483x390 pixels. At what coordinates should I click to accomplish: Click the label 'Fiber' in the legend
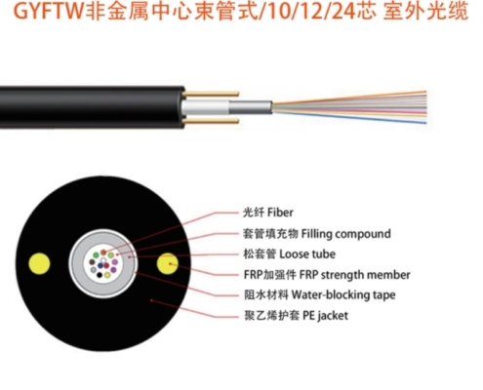[x=280, y=213]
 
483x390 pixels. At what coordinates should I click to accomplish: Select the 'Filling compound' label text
[x=346, y=234]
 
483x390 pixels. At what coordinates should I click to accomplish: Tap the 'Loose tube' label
[x=307, y=254]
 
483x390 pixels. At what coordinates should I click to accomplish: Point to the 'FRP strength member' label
[x=354, y=275]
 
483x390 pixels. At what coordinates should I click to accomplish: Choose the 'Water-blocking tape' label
[x=343, y=294]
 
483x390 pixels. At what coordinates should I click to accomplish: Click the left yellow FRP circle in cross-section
[x=39, y=263]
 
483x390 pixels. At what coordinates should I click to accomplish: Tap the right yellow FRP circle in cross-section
[x=168, y=263]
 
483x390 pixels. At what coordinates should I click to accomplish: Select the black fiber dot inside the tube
[x=100, y=275]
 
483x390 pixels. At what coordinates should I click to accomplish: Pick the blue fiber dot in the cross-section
[x=101, y=266]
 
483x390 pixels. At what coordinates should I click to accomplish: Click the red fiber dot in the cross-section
[x=106, y=266]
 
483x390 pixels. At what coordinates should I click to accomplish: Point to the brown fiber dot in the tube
[x=92, y=262]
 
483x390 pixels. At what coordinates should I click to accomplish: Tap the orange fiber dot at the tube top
[x=103, y=253]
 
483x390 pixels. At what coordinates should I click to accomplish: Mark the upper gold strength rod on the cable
[x=211, y=95]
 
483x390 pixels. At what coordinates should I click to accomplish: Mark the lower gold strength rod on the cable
[x=211, y=121]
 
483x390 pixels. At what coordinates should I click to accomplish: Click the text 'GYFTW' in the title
[x=49, y=12]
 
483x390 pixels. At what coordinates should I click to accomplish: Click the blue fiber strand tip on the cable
[x=425, y=123]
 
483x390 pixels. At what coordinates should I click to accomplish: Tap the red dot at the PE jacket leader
[x=151, y=300]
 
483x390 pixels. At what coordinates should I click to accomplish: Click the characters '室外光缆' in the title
[x=425, y=12]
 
